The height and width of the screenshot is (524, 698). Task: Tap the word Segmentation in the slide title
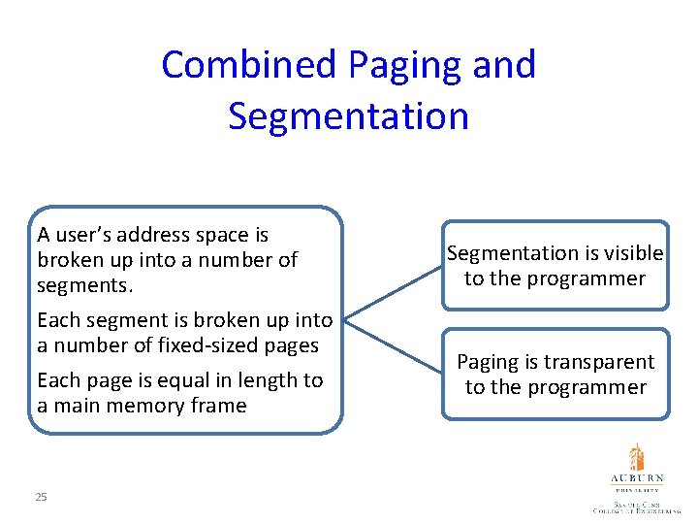click(348, 115)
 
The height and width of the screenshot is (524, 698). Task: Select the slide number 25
click(41, 497)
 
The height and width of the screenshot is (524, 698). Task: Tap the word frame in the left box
click(218, 406)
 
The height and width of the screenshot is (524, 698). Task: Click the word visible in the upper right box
click(630, 253)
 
